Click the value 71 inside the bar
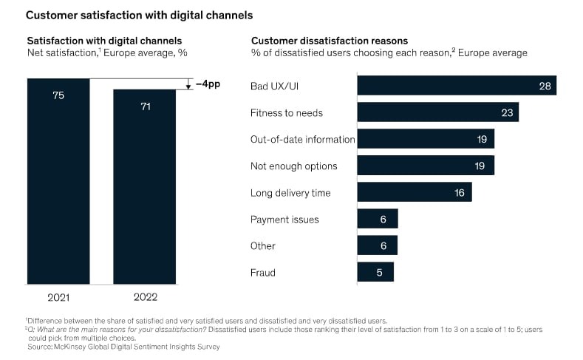[144, 106]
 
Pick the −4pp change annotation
[208, 84]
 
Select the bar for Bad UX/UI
[456, 85]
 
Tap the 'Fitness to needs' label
[287, 112]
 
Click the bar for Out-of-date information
[425, 139]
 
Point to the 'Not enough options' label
[293, 166]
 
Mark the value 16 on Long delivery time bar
[460, 193]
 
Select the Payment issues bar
[377, 219]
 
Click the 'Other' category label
[263, 246]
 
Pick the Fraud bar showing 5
[375, 272]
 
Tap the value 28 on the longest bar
[545, 86]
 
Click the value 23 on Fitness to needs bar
[508, 112]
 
